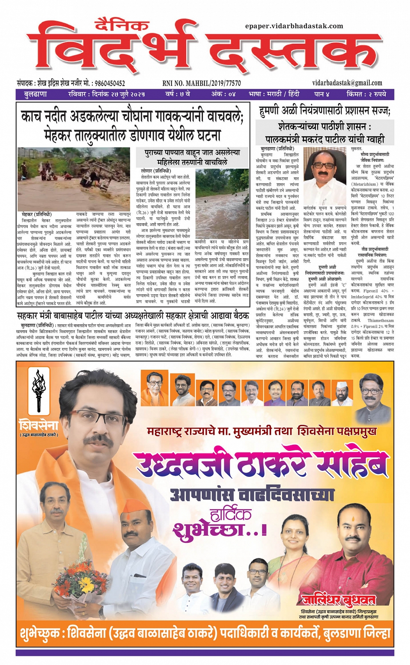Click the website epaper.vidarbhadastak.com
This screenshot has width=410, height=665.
pos(294,26)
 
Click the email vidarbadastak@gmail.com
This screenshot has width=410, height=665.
pos(347,83)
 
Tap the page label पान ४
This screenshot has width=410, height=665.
pos(321,94)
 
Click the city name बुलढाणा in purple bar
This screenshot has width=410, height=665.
pos(36,94)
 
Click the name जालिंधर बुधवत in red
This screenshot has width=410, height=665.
pos(338,600)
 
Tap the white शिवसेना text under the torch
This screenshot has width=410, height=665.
pos(39,424)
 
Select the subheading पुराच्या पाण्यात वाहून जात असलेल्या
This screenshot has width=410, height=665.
pos(192,153)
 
